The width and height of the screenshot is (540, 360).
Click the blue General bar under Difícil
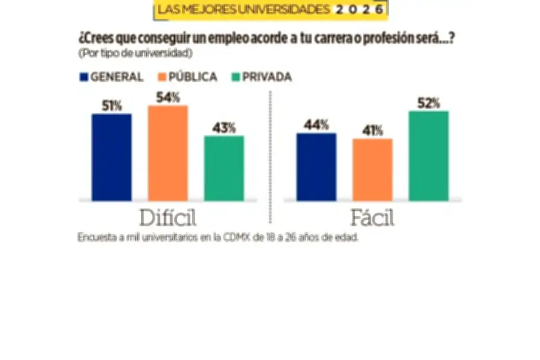point(111,157)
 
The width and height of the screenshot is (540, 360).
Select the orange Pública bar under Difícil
point(167,153)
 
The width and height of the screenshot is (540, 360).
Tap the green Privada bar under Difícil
point(224,168)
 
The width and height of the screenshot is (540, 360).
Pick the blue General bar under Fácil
point(316,167)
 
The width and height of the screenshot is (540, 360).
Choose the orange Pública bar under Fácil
point(372,170)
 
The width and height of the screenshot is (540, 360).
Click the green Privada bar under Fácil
point(429,155)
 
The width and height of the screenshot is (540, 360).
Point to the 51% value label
point(112,105)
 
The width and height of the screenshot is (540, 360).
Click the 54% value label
point(168,97)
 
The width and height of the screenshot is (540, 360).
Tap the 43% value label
point(224,128)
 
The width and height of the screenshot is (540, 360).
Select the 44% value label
point(316,125)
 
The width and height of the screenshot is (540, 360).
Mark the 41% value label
point(372,130)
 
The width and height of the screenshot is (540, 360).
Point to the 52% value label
point(429,103)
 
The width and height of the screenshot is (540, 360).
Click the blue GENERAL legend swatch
point(84,77)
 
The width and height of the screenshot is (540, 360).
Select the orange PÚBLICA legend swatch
point(162,77)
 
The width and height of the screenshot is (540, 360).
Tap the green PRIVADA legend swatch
point(236,77)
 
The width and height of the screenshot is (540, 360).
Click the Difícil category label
point(167,218)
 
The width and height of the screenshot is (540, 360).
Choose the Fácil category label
point(372,218)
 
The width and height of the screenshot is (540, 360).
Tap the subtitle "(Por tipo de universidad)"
point(135,53)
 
